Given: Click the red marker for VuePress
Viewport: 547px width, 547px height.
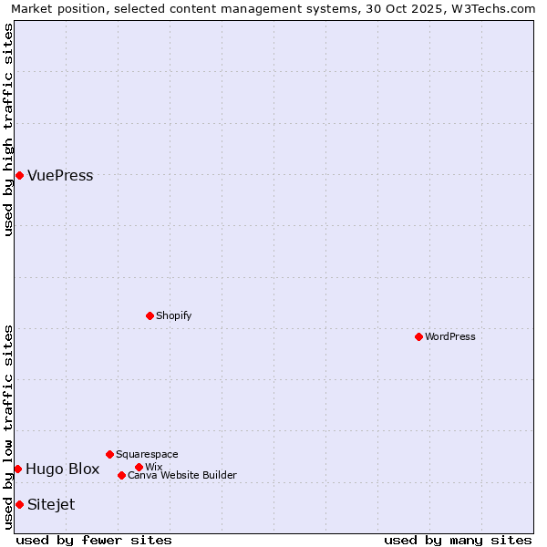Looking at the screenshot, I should click(19, 175).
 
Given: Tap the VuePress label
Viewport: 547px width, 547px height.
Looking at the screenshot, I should click(60, 176).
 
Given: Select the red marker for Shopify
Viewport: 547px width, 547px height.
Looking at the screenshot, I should click(150, 315).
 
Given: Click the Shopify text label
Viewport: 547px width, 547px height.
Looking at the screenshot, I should click(173, 316).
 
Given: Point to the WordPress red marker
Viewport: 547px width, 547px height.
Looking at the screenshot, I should click(418, 336).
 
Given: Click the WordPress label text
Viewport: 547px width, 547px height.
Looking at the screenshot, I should click(450, 337).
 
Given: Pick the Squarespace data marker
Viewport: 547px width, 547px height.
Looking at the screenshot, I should click(109, 454).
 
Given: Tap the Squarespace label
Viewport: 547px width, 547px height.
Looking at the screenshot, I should click(147, 455).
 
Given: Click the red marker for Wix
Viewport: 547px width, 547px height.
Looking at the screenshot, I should click(139, 467).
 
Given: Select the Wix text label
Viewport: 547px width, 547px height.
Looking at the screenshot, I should click(153, 468).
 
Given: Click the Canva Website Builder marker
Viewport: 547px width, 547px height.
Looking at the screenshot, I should click(121, 475).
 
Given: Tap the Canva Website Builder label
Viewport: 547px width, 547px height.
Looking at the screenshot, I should click(182, 476).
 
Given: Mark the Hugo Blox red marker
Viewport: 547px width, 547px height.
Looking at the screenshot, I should click(17, 469).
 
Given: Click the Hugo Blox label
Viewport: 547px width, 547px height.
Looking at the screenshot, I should click(62, 470).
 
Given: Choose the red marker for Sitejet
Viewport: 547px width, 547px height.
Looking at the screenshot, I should click(19, 504).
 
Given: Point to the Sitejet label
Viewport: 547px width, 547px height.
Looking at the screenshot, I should click(51, 505).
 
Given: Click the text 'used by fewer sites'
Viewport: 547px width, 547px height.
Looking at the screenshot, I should click(94, 540).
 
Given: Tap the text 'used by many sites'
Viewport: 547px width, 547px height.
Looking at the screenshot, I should click(458, 540).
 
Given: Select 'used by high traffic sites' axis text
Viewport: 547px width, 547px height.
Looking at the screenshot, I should click(9, 129).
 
